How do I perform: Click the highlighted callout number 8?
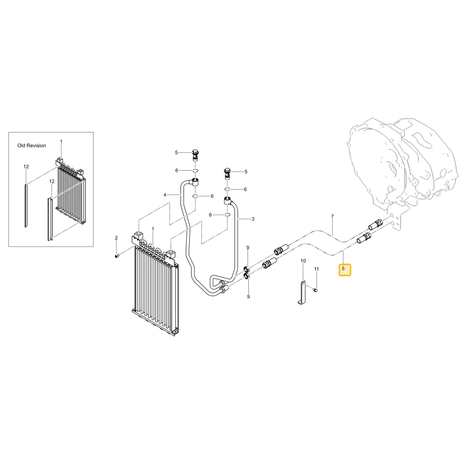(343, 269)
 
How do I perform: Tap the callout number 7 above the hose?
(332, 217)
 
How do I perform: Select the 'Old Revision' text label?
(32, 146)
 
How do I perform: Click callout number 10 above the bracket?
(303, 261)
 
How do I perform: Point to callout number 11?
(316, 269)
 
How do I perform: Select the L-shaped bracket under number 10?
(302, 293)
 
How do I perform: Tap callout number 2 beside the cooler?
(116, 238)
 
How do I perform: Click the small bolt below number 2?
(117, 256)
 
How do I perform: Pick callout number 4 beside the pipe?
(165, 195)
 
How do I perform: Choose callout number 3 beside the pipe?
(253, 219)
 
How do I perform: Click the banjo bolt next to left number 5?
(195, 155)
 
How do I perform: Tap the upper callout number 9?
(248, 248)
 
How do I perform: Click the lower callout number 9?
(248, 297)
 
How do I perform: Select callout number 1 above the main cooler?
(153, 229)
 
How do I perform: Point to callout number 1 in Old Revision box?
(61, 142)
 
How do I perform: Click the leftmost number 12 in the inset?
(26, 166)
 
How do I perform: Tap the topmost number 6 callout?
(177, 171)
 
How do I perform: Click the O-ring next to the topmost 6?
(195, 171)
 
